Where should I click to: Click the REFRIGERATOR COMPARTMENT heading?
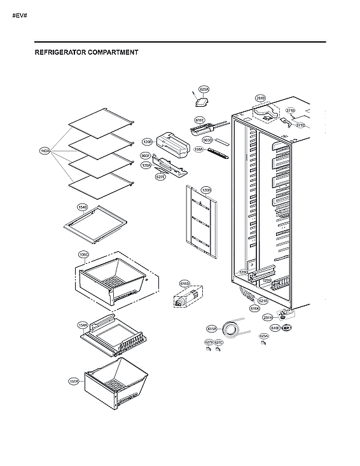click(x=87, y=53)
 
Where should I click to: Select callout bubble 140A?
click(x=45, y=151)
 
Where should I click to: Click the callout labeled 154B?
click(x=82, y=207)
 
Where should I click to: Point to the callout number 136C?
click(x=83, y=254)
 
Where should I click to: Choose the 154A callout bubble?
click(x=83, y=325)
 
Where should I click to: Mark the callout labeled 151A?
click(x=74, y=381)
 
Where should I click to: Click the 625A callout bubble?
click(x=204, y=90)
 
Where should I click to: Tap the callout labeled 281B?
click(x=260, y=98)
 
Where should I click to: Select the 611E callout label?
click(x=200, y=120)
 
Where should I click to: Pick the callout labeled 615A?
click(x=212, y=329)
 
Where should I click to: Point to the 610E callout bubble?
click(x=275, y=327)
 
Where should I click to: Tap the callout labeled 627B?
click(x=208, y=343)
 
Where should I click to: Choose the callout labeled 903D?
click(x=207, y=140)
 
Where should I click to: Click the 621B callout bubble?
click(x=263, y=301)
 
